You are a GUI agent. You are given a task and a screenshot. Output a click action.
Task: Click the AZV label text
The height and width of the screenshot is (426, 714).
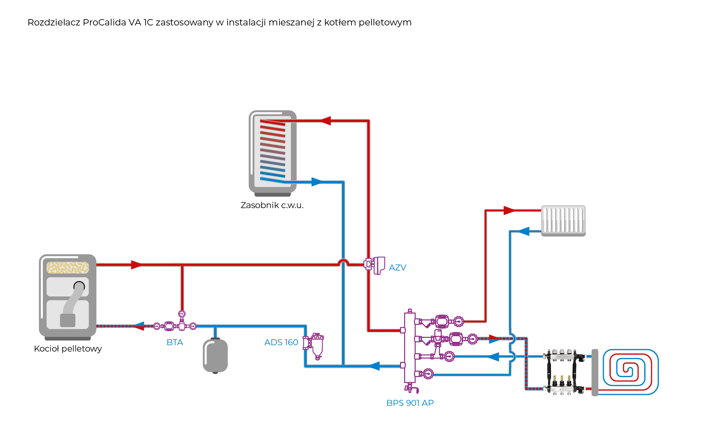(397, 267)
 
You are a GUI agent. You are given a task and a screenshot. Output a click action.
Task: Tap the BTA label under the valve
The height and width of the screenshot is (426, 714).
(175, 342)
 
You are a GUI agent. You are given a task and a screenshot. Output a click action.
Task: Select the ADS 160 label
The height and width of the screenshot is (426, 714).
(281, 342)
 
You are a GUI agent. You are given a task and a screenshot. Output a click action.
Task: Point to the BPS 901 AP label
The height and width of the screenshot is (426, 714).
(410, 403)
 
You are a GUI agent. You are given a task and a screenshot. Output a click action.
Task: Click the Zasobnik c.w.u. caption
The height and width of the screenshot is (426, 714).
(272, 205)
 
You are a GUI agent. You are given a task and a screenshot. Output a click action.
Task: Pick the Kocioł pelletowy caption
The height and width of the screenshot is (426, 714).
(68, 349)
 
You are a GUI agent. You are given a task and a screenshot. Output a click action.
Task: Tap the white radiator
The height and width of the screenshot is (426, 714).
(563, 220)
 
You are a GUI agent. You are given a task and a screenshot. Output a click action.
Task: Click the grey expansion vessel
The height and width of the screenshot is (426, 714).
(215, 355)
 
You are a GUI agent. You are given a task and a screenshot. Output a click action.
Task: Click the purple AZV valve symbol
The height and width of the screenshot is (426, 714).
(375, 265)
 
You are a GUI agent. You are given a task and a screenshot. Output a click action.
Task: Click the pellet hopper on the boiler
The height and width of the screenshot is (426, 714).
(68, 267)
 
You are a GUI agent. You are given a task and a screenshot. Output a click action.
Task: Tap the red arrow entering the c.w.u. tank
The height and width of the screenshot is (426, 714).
(325, 121)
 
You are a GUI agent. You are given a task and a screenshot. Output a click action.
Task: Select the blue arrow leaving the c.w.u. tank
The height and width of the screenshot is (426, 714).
(317, 182)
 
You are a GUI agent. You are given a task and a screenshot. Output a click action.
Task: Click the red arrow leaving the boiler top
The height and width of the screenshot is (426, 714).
(137, 265)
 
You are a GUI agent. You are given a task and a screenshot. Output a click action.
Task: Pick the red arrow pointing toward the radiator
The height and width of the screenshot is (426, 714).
(509, 210)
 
